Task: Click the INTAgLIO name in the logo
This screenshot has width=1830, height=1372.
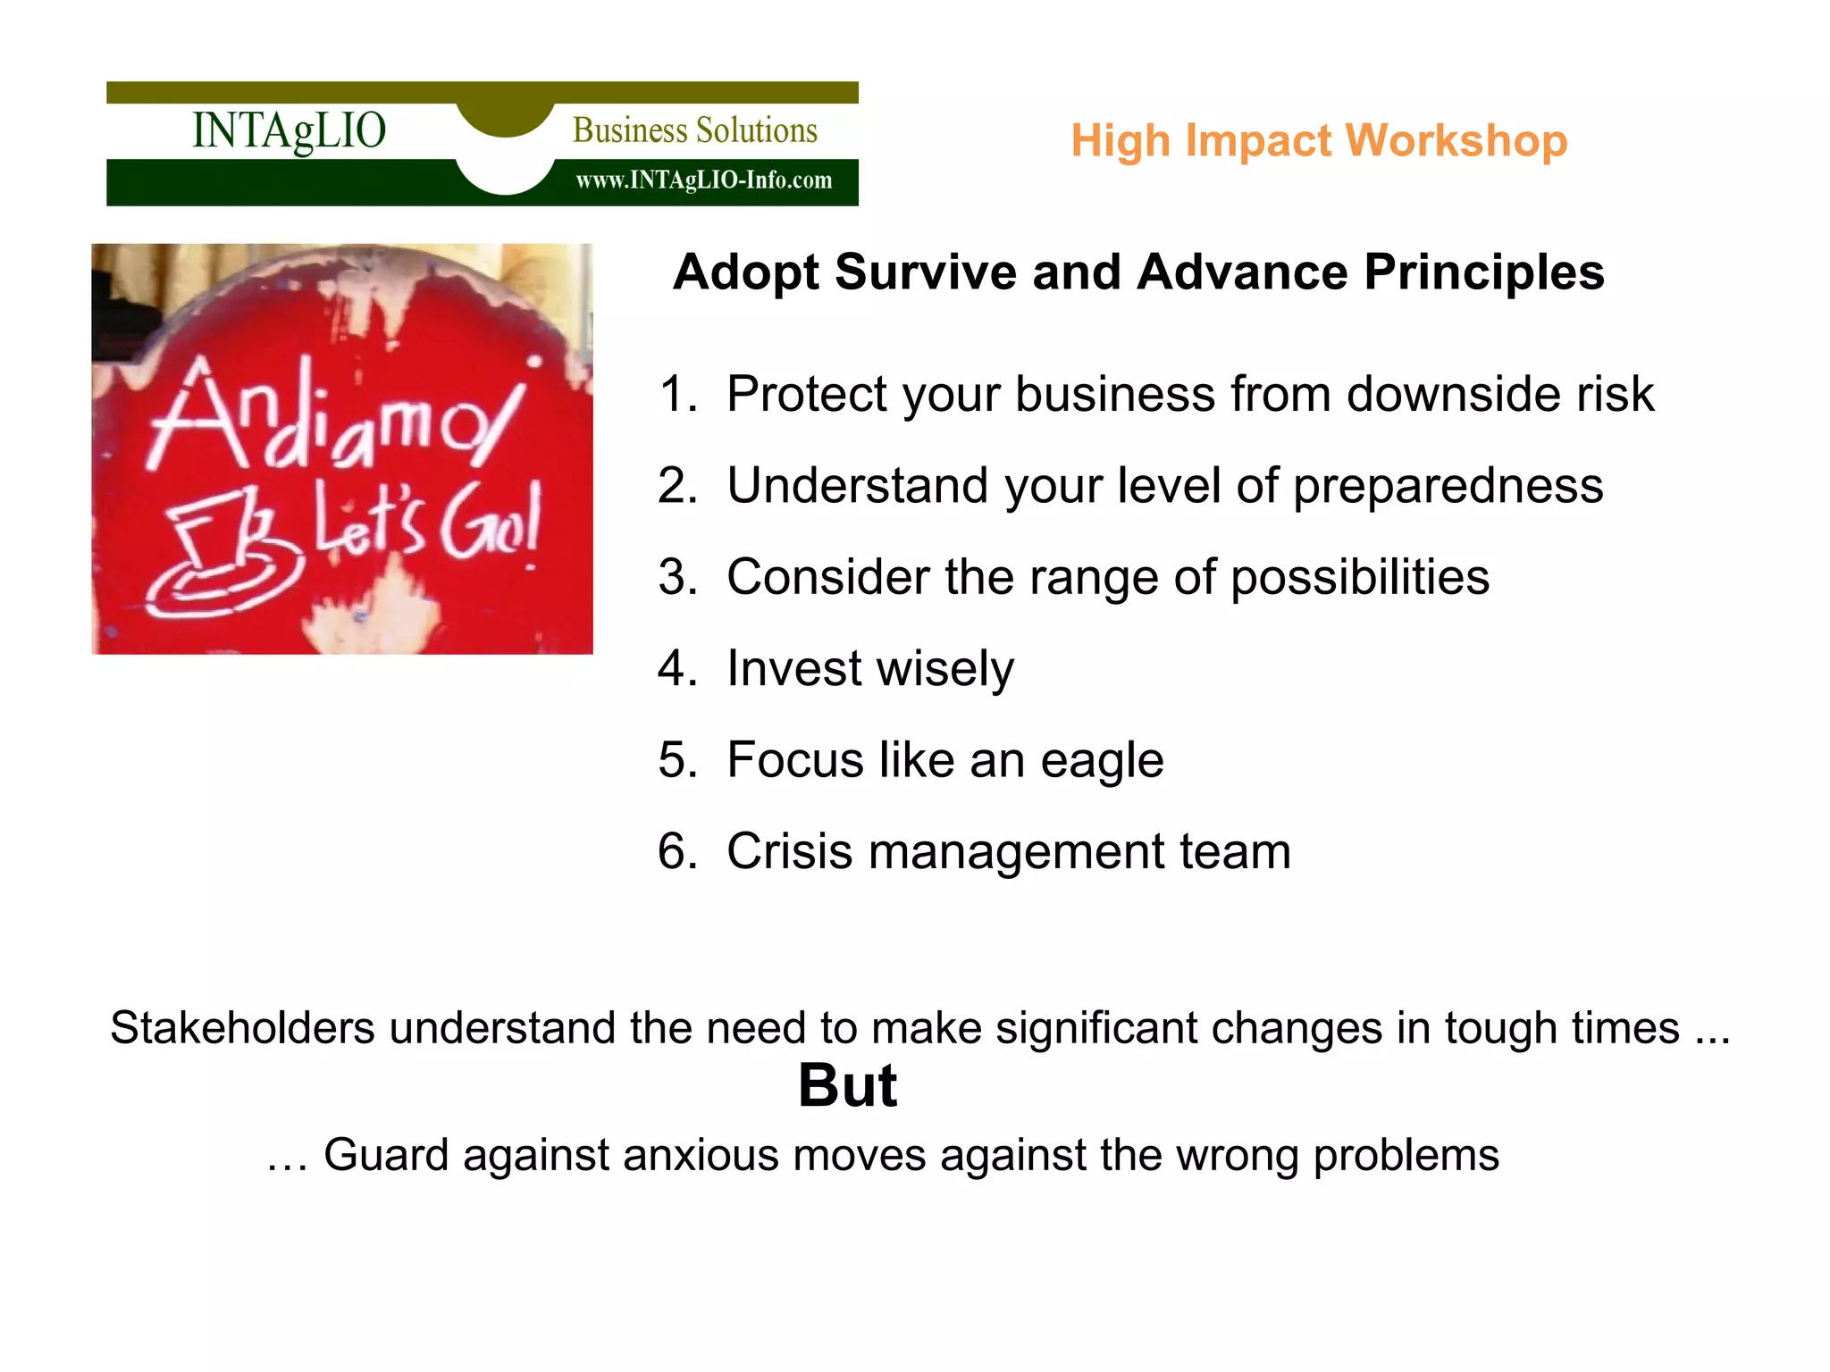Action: coord(289,130)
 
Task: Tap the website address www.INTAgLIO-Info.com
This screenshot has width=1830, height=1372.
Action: coord(703,180)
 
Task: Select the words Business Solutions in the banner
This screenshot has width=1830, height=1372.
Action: coord(694,130)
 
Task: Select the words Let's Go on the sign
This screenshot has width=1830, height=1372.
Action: coord(427,523)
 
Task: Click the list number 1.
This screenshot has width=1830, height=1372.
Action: coord(676,394)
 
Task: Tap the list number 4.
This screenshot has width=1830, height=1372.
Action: coord(676,668)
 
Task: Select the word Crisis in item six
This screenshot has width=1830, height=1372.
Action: coord(789,851)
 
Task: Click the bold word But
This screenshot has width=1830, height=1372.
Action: coord(847,1086)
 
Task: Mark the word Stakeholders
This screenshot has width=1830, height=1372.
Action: coord(242,1028)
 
